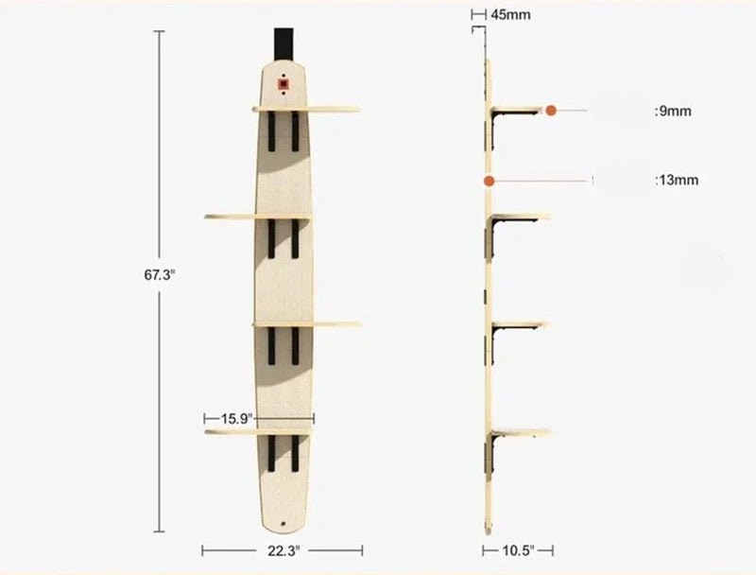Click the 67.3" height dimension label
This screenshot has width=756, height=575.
click(x=159, y=275)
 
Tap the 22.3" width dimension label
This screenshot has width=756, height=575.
click(x=283, y=550)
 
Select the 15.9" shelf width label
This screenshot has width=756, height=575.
click(x=237, y=418)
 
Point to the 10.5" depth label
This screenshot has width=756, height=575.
click(x=518, y=550)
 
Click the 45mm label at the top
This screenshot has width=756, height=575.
click(x=510, y=15)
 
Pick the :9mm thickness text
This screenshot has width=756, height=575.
click(x=673, y=112)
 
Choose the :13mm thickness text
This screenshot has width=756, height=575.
click(x=677, y=181)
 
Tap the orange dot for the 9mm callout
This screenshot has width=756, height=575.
click(x=551, y=111)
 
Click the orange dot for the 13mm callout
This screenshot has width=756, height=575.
click(x=490, y=182)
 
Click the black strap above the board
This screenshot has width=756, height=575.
click(x=284, y=44)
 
